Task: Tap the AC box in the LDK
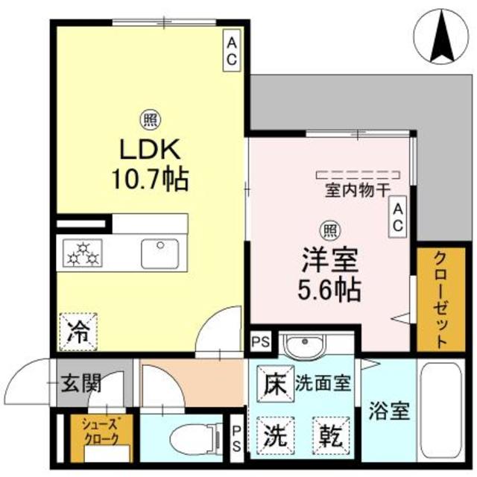click(x=231, y=49)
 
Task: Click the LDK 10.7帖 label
click(x=151, y=163)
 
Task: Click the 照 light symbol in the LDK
click(x=150, y=119)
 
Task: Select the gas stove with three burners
click(x=83, y=253)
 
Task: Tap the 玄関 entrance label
click(x=80, y=385)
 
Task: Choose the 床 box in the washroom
click(x=274, y=385)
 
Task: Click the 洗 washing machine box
click(x=274, y=432)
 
